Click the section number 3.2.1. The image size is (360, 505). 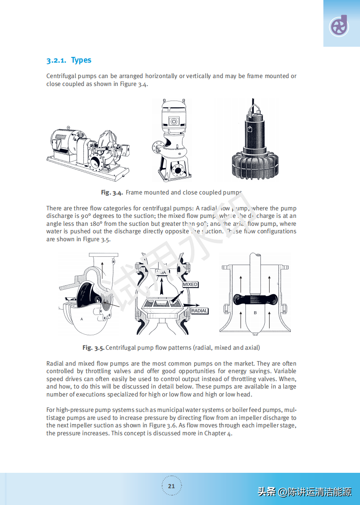(56, 60)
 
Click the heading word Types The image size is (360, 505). (81, 60)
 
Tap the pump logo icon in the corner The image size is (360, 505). (339, 26)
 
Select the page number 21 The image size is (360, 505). (171, 486)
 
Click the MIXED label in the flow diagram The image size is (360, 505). (190, 284)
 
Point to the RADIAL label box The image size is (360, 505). (199, 311)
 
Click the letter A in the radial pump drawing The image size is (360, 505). (82, 318)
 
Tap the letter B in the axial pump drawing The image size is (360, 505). (255, 312)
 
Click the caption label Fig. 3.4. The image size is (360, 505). (112, 192)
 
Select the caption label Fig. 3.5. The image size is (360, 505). (93, 348)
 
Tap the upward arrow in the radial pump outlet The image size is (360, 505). (102, 268)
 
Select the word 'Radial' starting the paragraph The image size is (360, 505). (55, 363)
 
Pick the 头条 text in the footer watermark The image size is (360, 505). (266, 491)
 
